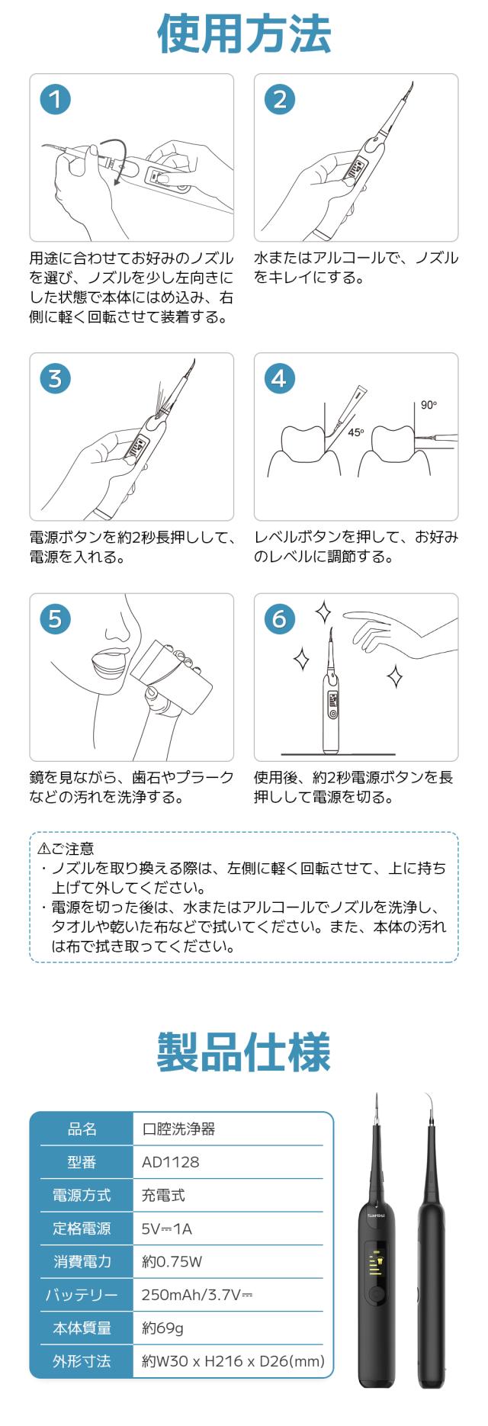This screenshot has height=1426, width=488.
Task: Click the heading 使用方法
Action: coord(244,34)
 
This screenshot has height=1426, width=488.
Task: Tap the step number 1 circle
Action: coord(56,99)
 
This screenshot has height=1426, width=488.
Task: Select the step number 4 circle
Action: coord(280,378)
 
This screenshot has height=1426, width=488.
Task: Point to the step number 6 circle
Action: coord(280,618)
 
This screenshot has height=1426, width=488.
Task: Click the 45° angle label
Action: coord(356,432)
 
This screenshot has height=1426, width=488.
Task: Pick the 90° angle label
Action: coord(429,405)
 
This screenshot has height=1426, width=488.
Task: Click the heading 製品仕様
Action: coord(244,1052)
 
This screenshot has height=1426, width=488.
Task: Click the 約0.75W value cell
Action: coord(172,1261)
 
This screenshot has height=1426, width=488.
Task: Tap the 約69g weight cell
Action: coord(162,1328)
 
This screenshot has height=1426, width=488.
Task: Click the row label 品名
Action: coord(82,1129)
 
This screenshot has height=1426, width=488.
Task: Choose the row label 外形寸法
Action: coord(82,1360)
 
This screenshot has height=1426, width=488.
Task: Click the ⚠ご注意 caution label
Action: coord(66,848)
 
